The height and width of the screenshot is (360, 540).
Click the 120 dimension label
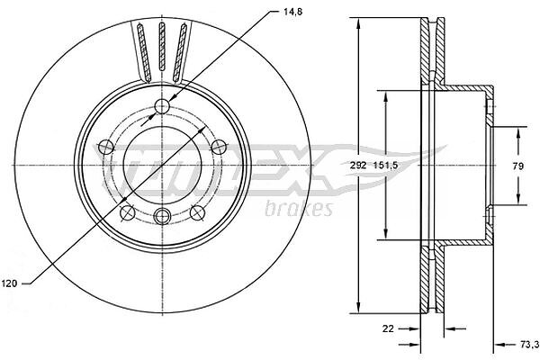(9, 283)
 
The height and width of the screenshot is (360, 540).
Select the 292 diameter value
(358, 166)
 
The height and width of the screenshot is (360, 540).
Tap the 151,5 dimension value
(385, 166)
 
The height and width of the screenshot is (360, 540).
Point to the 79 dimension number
(518, 166)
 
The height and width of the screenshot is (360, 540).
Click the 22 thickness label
(388, 328)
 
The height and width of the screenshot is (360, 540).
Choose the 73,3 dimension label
(528, 345)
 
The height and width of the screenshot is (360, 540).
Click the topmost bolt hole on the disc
(162, 106)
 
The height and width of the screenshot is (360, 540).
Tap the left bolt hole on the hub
(106, 148)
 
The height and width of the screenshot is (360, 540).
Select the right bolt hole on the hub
(218, 147)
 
